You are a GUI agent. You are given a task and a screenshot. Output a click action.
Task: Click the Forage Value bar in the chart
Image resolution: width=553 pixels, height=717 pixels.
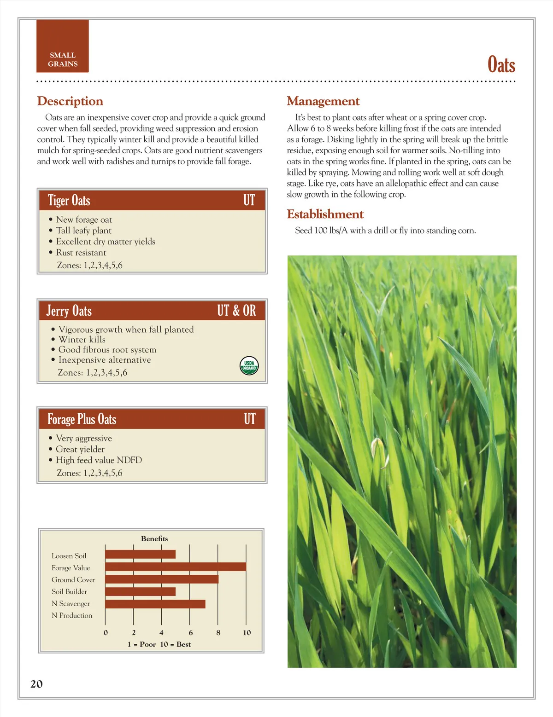coord(176,567)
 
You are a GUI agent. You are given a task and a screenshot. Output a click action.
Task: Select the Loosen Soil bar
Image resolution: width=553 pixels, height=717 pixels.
coord(141,555)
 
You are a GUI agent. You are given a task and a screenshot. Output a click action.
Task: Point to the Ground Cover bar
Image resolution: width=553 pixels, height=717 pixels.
coord(162,579)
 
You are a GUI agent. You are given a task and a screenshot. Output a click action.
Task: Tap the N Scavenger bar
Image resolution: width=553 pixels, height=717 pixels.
coord(155,603)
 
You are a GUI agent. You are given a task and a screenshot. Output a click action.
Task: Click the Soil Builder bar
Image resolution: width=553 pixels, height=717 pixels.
coord(141,591)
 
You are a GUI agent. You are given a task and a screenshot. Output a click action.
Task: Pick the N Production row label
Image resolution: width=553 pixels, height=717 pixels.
coord(72,616)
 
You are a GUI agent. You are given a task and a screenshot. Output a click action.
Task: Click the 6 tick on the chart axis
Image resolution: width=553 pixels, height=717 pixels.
coord(191,633)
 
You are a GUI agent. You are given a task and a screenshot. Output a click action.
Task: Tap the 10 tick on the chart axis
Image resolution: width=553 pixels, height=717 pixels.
coord(247,633)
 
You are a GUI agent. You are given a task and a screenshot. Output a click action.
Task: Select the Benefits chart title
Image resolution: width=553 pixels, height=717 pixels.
coord(154,538)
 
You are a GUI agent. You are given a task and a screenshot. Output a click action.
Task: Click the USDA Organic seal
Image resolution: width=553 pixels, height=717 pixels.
coord(249,365)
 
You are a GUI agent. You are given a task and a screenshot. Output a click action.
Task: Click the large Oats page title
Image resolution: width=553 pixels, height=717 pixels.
coord(501,65)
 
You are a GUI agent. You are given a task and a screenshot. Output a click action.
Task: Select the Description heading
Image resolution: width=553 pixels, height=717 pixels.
coord(70,101)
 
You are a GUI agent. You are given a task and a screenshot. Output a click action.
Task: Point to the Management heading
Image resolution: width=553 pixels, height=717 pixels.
coord(323,101)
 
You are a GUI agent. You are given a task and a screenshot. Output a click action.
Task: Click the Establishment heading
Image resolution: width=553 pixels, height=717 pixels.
coord(325,214)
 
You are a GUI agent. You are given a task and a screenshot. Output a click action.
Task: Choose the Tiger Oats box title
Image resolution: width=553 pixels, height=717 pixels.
coord(69,201)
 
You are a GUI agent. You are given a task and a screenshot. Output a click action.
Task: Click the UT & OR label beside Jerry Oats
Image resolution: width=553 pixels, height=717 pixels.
coord(236,311)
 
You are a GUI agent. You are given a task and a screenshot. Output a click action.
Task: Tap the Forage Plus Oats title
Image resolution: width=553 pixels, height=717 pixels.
coord(82,419)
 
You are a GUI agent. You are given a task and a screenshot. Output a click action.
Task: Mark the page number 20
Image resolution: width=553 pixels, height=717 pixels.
coord(36,684)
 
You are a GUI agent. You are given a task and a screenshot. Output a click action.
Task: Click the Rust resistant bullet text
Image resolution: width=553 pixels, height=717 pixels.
coord(81,253)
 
